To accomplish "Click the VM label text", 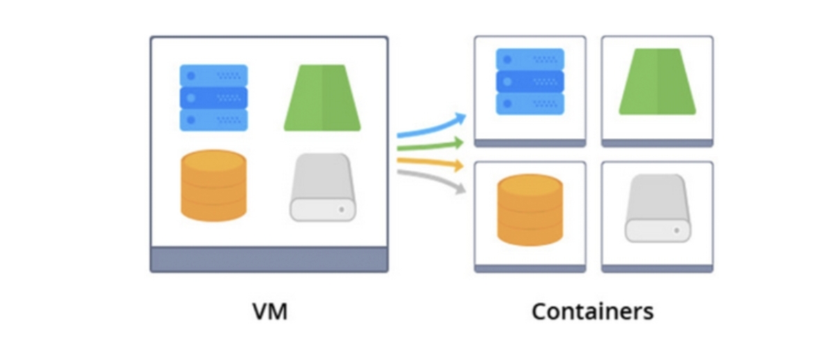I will pos(269,311).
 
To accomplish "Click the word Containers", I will pos(592,311).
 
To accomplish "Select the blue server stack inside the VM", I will pos(213,98).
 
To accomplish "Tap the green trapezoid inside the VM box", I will pos(322,98).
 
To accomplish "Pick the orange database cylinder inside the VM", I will pos(213,186).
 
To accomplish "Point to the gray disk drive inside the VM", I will pos(322,187).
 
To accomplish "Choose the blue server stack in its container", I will pos(530,81).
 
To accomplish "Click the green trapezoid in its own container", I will pos(657,81).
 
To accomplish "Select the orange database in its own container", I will pos(530,209).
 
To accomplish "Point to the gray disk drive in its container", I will pos(657,208).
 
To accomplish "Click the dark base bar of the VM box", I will pos(269,259).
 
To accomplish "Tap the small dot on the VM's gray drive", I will pos(342,209).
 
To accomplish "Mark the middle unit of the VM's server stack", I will pos(213,98).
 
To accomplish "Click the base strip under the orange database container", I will pos(530,268).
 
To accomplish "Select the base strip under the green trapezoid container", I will pos(657,143).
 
